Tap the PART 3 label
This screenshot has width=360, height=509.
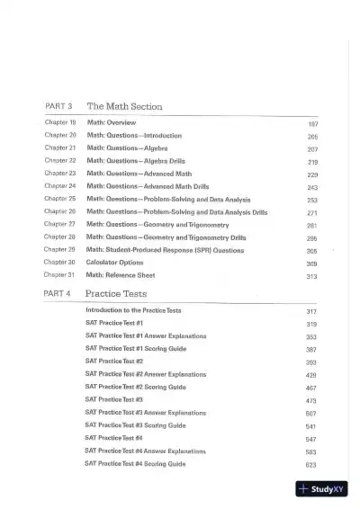tap(58, 106)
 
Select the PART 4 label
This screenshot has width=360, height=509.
tap(58, 293)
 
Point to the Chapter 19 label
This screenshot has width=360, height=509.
tap(60, 121)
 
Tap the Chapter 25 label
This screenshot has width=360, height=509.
tap(60, 199)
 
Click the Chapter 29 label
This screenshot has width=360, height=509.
tap(60, 250)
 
